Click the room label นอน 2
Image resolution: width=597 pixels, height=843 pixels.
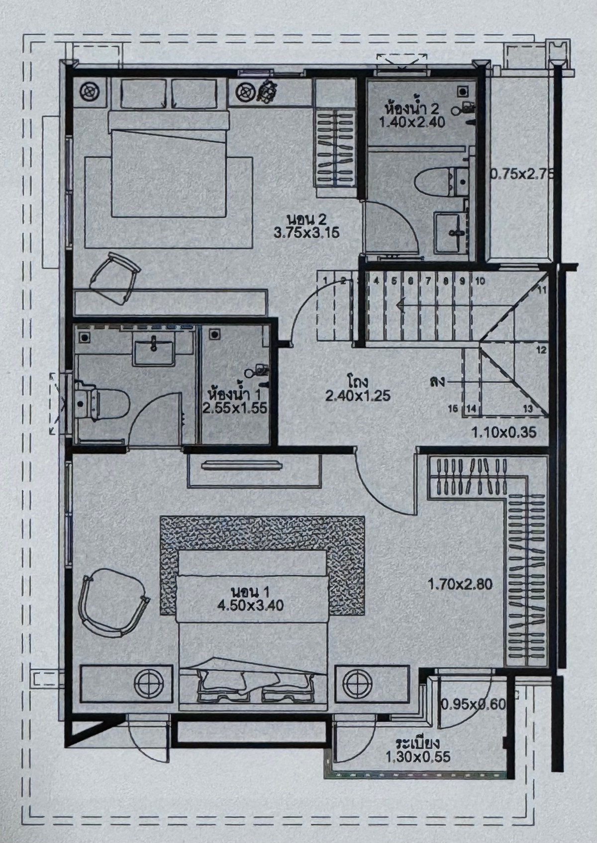click(305, 219)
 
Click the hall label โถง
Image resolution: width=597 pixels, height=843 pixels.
click(357, 382)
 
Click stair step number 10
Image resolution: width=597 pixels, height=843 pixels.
click(480, 281)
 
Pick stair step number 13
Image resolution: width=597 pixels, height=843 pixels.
click(528, 409)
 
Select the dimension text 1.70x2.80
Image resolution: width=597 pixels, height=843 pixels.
click(460, 584)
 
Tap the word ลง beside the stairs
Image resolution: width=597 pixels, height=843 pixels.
click(437, 382)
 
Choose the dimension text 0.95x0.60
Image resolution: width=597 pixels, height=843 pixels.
click(473, 704)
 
